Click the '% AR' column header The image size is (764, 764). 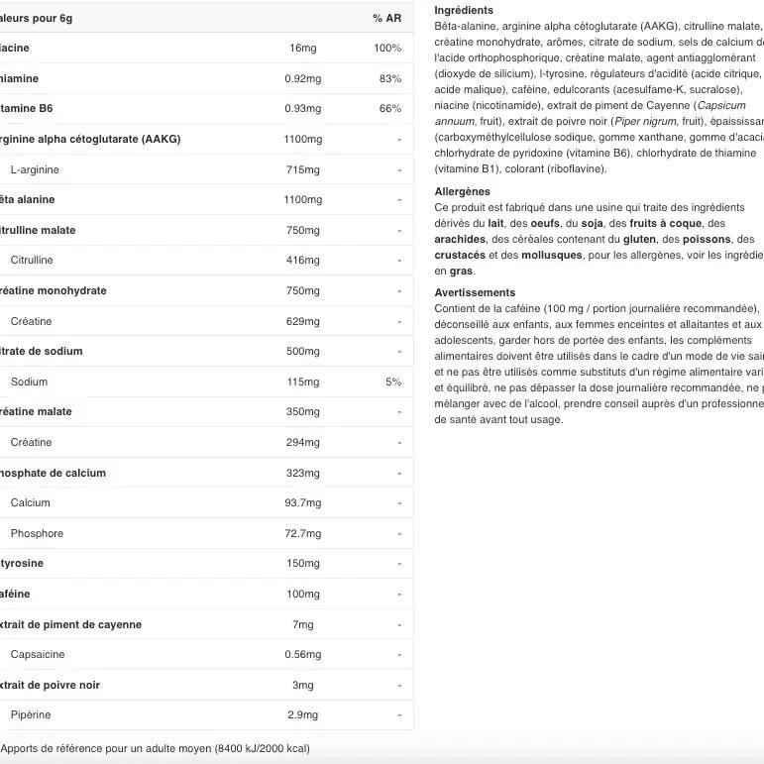386,18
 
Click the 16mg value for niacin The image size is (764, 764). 302,49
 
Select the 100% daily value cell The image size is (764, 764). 387,49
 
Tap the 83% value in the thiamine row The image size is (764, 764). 390,79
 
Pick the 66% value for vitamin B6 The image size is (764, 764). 390,109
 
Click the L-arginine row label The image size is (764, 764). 35,169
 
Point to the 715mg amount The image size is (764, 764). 302,169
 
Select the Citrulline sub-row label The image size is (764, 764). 32,261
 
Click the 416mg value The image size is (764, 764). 302,261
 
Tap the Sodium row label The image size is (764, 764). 29,382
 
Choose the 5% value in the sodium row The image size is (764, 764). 393,382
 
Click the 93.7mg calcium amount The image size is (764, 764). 302,503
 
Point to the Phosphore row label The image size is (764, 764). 37,534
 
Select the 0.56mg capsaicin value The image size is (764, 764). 302,655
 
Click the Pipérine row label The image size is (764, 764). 31,715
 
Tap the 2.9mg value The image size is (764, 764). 302,715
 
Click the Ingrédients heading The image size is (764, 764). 464,10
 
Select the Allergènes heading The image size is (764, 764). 462,191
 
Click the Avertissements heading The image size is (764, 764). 475,292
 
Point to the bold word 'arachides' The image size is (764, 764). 460,239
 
